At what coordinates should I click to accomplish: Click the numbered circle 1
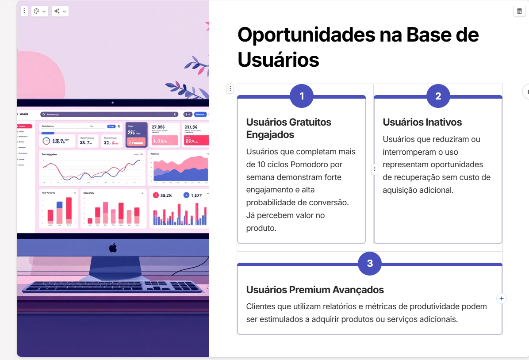tap(302, 96)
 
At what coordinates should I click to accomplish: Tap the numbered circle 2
tap(438, 96)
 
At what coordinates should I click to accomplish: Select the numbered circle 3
tap(370, 264)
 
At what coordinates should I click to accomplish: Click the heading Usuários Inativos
tap(422, 122)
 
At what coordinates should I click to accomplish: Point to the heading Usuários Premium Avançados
tap(315, 290)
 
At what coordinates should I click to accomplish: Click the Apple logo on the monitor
tap(113, 248)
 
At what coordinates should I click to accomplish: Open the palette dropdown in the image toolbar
tap(40, 11)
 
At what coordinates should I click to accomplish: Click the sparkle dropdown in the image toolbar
tap(60, 11)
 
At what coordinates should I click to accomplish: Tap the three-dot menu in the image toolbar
tap(24, 11)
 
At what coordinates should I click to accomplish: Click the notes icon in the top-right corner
tap(519, 11)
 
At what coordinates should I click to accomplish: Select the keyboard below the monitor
tap(113, 287)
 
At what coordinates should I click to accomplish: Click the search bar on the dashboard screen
tap(108, 114)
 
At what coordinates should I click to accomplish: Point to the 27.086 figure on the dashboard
tap(158, 127)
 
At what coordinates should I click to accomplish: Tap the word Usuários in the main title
tap(278, 59)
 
